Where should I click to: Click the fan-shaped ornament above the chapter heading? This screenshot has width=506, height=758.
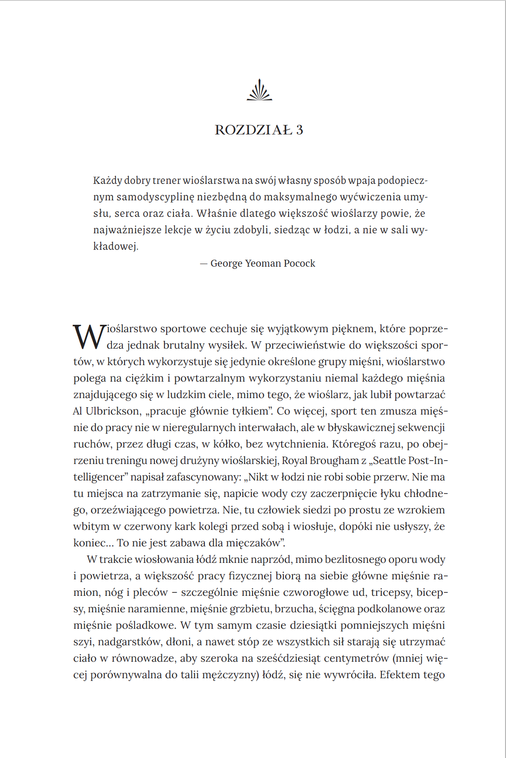(x=260, y=90)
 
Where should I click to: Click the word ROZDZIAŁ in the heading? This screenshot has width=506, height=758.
(x=253, y=130)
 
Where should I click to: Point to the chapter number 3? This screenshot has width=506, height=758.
(x=299, y=130)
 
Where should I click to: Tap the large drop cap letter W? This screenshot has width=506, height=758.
(x=89, y=337)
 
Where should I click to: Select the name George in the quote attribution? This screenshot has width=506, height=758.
(x=226, y=263)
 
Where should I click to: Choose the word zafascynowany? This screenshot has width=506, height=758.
(x=204, y=477)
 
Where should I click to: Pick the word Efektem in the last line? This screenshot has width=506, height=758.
(x=398, y=675)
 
